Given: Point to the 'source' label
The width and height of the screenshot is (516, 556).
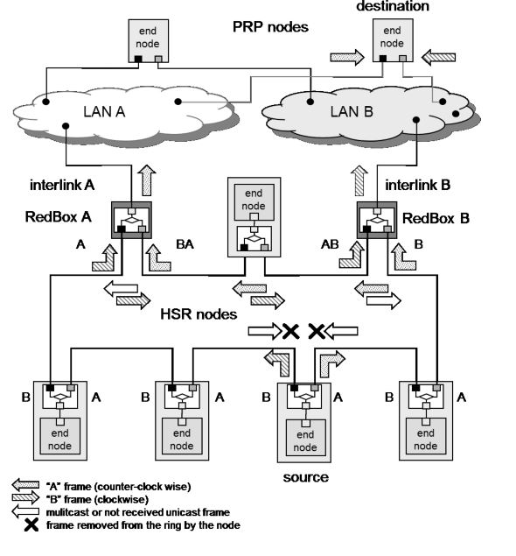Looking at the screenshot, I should pos(305,477).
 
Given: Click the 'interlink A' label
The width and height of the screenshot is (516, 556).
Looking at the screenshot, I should pos(59,186).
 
